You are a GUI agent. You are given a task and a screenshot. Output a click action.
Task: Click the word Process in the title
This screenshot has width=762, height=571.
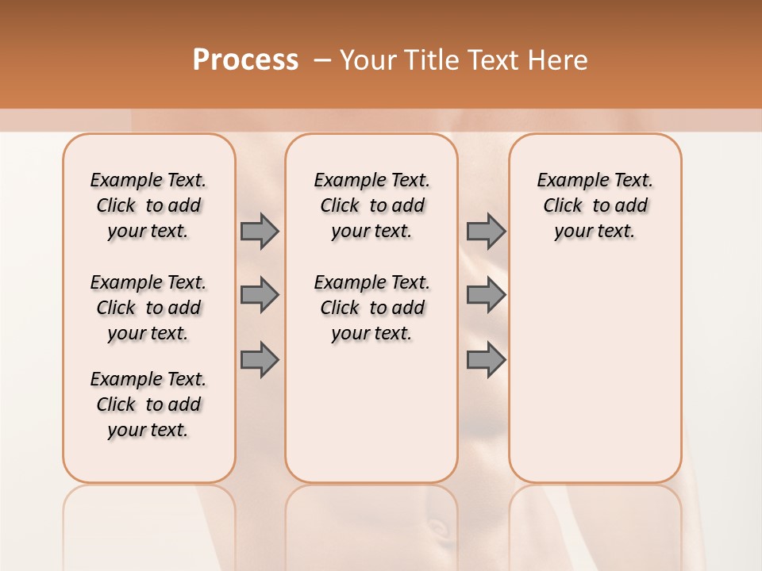(245, 59)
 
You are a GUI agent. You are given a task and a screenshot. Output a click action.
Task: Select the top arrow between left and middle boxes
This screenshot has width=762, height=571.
(260, 231)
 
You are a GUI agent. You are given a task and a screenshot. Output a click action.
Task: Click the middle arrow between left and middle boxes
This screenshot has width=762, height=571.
(260, 295)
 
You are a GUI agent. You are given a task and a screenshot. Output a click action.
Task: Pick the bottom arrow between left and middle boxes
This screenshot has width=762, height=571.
(260, 359)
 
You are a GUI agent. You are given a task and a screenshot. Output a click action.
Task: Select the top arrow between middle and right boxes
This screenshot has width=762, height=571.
(486, 231)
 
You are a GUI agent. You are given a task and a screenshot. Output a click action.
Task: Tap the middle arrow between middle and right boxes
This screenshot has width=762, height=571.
(486, 295)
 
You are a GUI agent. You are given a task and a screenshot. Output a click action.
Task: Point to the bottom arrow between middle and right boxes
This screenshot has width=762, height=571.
(486, 359)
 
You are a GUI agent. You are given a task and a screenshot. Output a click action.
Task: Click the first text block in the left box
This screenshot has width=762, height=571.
(148, 205)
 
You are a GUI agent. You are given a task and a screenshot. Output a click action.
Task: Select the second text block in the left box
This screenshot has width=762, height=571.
(148, 308)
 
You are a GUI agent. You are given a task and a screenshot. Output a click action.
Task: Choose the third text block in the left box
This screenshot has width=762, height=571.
(148, 404)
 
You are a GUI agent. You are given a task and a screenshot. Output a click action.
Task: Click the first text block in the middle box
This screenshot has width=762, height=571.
(371, 205)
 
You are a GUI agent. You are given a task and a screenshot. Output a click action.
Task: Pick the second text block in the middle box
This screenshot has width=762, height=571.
(371, 308)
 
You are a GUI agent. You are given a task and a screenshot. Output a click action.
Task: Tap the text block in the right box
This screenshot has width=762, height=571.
(595, 205)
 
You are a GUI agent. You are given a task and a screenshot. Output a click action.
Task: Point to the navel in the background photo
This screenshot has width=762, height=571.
(435, 527)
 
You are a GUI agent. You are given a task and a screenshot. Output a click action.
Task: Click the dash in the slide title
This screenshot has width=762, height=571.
(322, 60)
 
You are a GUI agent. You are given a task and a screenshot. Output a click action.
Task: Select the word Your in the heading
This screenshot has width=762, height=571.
(368, 60)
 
